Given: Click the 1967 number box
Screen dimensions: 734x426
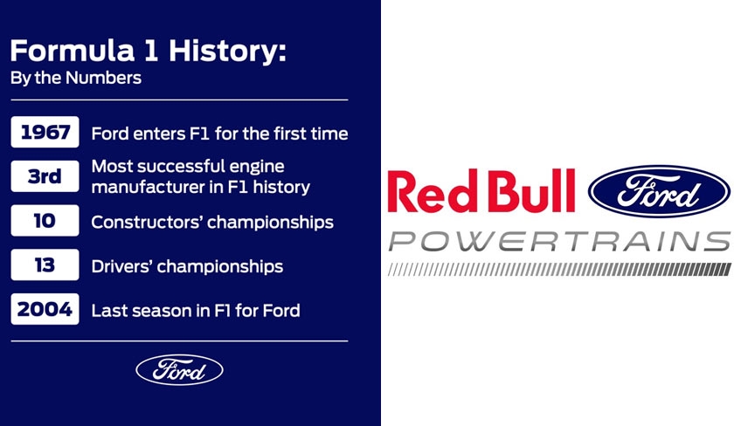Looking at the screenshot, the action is (45, 132).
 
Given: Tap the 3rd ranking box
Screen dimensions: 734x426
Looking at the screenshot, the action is (45, 176).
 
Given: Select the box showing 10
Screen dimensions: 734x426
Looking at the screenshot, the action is (45, 220).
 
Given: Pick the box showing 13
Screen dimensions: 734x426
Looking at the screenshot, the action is (45, 265).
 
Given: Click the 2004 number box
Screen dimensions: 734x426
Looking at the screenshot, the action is (45, 309).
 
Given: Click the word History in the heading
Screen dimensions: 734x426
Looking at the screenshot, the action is (227, 52).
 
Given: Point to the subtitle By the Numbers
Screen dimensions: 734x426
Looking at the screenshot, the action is (76, 78).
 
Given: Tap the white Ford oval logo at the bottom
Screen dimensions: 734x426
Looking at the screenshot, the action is (179, 370).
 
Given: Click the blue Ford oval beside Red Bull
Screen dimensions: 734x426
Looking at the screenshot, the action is (659, 191).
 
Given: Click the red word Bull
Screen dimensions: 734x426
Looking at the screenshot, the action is (530, 191).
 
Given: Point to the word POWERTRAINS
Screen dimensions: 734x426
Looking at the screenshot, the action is (559, 241).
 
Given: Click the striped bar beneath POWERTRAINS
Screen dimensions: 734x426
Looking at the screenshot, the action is (559, 270).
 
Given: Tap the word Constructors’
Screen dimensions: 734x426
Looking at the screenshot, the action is (146, 222).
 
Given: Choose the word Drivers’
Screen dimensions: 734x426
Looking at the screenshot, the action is (121, 266).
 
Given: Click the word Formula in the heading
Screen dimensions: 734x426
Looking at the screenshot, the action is (72, 51).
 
